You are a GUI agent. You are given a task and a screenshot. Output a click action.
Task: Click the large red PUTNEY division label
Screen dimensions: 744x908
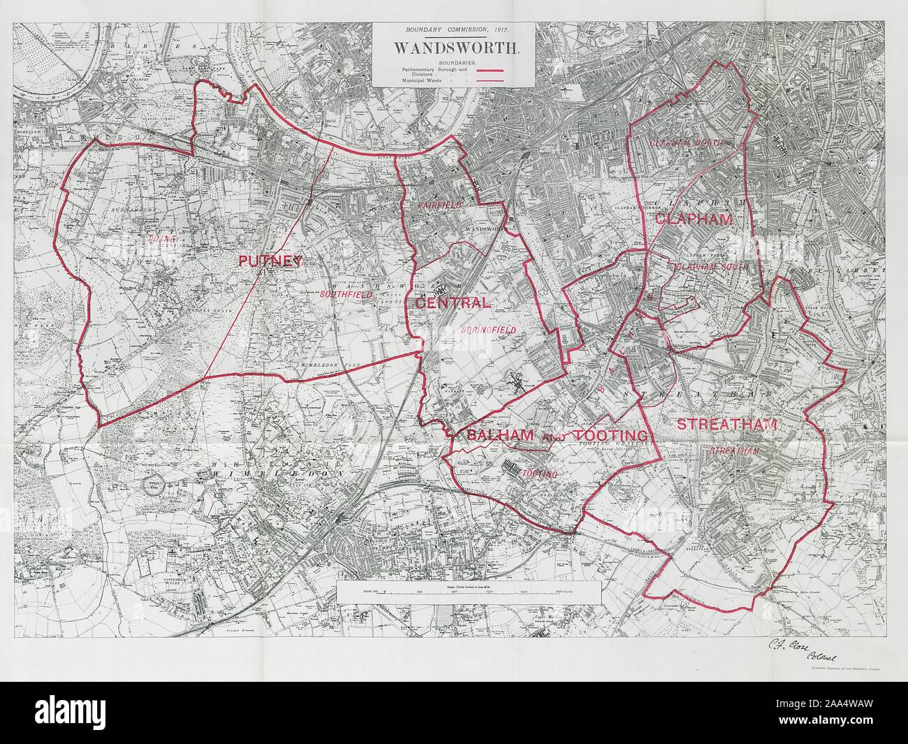[x=270, y=261]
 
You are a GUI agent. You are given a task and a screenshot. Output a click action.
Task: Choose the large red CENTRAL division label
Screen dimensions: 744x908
[x=452, y=303]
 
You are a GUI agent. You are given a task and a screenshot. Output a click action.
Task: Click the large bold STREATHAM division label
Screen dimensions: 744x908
[x=727, y=423]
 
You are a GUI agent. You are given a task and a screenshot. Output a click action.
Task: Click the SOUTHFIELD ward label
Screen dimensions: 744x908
[x=344, y=295]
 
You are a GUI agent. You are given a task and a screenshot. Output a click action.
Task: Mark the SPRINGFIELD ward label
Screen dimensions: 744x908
[x=488, y=329]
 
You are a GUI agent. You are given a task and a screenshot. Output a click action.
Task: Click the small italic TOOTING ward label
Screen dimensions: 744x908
[x=541, y=474]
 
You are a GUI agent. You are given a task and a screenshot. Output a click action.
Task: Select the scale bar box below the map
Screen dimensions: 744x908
[x=468, y=592]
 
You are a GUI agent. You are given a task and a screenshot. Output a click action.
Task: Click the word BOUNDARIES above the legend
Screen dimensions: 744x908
[x=453, y=63]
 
